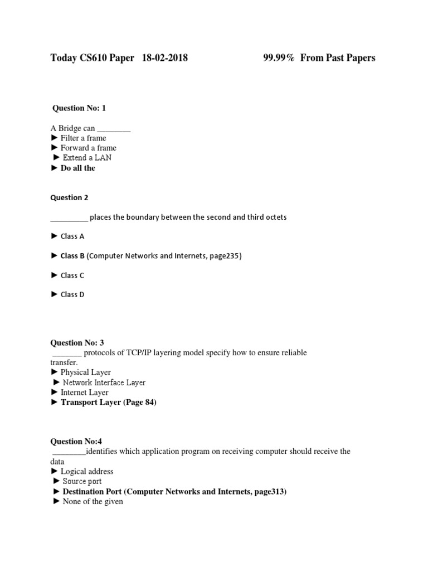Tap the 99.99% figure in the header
279,58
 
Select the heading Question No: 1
79,108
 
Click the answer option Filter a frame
83,138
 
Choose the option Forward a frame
88,148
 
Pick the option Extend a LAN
87,158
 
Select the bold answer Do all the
77,168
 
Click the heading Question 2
69,197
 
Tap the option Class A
72,236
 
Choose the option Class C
72,275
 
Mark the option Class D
72,294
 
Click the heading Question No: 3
77,342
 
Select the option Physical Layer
85,372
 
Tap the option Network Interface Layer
104,383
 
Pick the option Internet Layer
84,393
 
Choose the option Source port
82,481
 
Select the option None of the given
91,501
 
